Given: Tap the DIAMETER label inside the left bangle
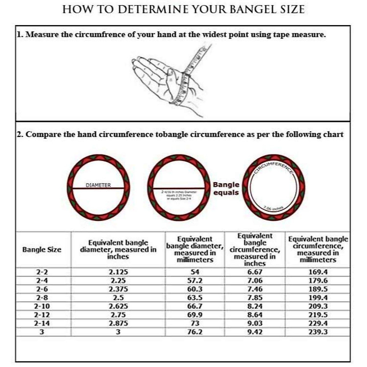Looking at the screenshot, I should click(98, 185).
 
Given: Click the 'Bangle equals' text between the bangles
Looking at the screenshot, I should click(226, 188).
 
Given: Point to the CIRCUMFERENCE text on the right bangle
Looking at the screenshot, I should click(273, 167).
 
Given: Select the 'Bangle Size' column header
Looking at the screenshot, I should click(42, 250).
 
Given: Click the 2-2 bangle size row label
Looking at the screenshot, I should click(42, 272).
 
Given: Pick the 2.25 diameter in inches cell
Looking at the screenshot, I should click(118, 280).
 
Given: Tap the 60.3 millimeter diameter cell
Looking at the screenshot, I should click(195, 289).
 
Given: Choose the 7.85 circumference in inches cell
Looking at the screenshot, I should click(255, 298).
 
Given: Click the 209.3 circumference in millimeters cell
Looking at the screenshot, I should click(318, 306).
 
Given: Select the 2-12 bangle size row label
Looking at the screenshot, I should click(42, 315).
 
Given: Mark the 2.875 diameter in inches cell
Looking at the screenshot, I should click(118, 323).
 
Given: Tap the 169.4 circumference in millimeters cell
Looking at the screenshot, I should click(318, 272).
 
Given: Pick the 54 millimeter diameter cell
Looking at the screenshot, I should click(195, 272).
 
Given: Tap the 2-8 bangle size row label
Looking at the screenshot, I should click(42, 298).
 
